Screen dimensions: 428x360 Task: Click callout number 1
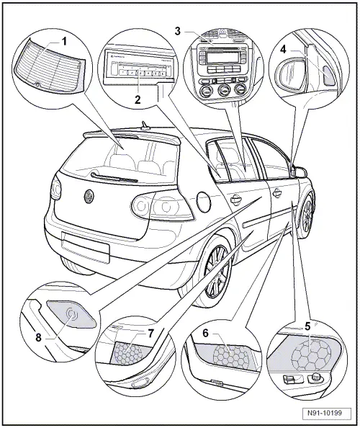[x=64, y=41]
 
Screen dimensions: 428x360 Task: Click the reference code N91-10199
[x=325, y=415]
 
